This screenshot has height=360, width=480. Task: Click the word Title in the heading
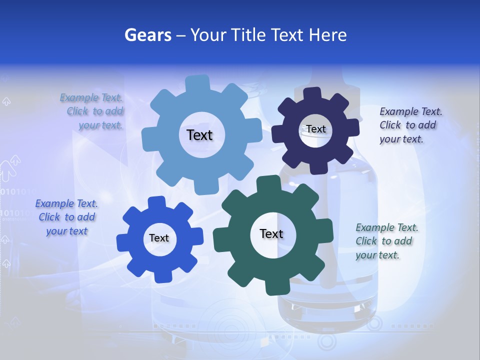(x=248, y=35)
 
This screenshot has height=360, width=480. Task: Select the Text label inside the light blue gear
(x=199, y=135)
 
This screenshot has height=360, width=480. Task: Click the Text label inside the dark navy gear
(x=315, y=129)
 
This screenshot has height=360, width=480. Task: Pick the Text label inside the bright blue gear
(x=159, y=238)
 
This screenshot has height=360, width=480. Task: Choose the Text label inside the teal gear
(x=271, y=234)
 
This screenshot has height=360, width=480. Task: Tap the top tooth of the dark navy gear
(x=313, y=93)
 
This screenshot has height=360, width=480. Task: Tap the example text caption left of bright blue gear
(x=66, y=217)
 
